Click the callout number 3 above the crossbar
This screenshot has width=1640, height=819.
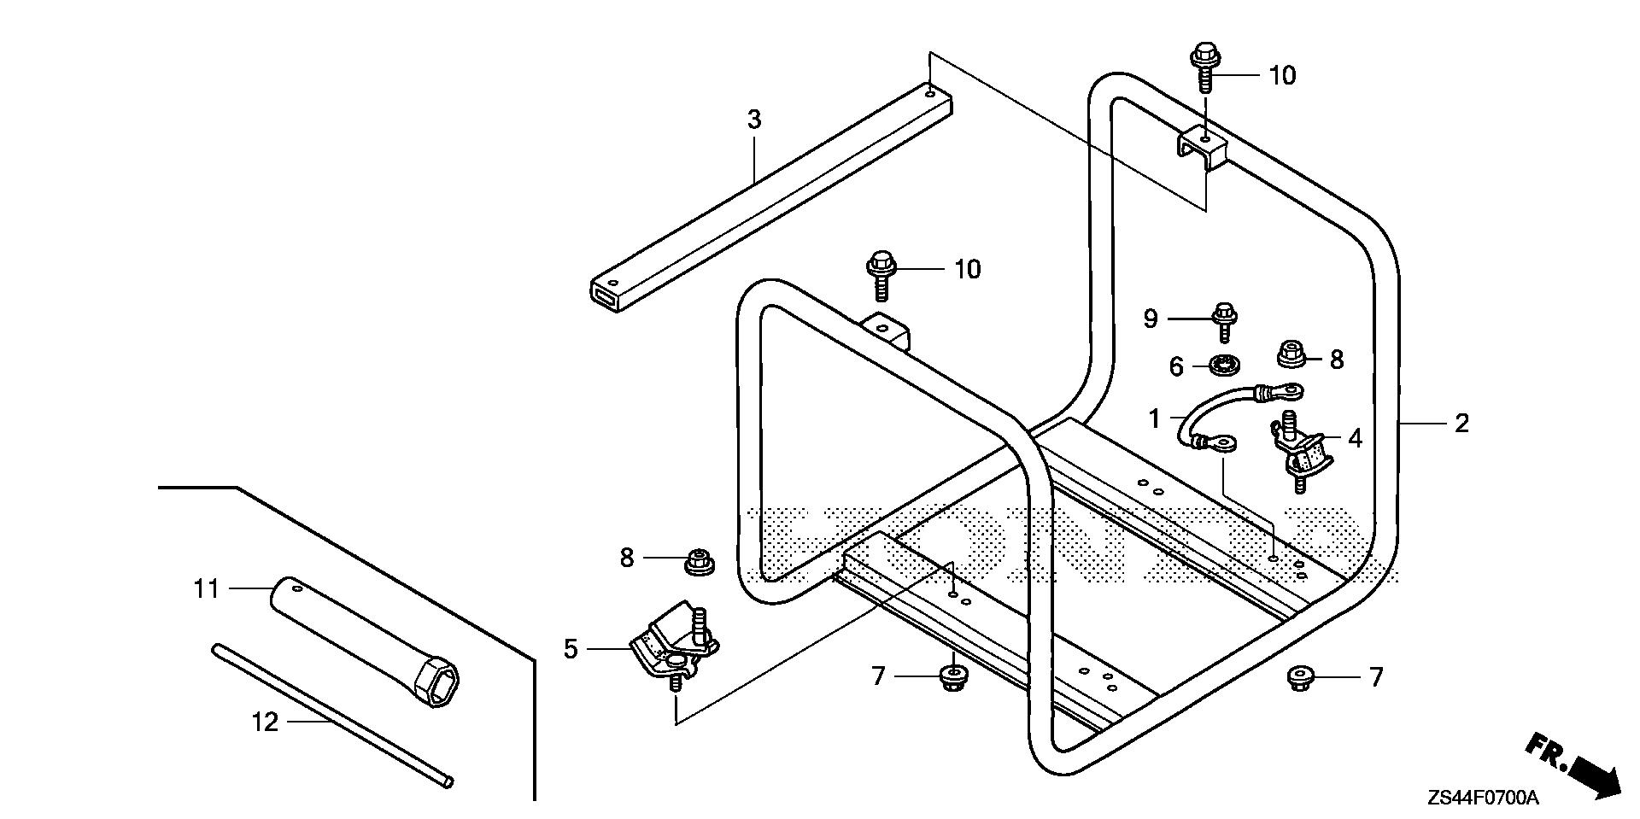point(753,120)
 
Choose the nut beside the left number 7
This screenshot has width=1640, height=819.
point(952,679)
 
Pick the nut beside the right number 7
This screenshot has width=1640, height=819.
point(1300,679)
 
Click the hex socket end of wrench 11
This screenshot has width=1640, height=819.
point(435,682)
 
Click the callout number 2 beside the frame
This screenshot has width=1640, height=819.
point(1461,424)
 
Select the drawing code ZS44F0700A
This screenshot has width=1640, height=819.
point(1482,799)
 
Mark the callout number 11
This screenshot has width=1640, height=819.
point(206,589)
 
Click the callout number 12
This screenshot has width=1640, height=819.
point(265,722)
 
